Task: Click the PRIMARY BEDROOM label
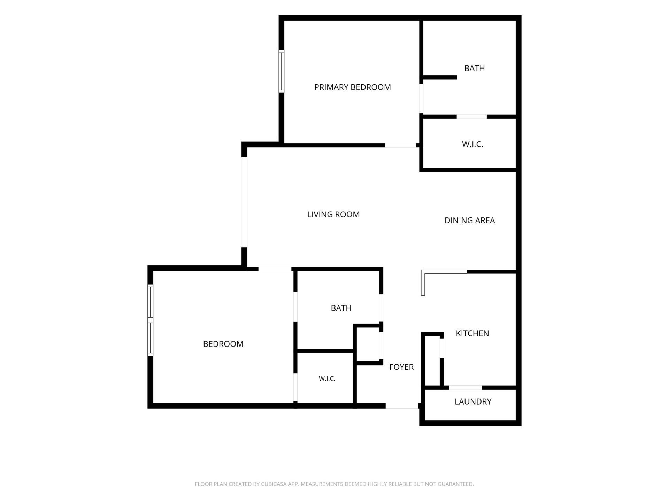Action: pos(352,87)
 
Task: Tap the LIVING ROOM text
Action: pos(333,215)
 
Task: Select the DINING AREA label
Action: pos(470,221)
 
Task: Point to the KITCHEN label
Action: pos(472,333)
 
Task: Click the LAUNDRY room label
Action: pos(473,402)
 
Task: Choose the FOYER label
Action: pos(401,367)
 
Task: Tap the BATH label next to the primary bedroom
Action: pos(475,68)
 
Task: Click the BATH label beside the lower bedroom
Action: pos(341,308)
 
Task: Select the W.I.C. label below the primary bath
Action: pos(472,144)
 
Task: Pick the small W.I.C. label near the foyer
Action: pos(327,379)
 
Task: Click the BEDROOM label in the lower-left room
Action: pos(223,344)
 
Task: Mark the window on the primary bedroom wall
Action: pos(281,71)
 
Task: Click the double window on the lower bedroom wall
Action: pos(151,320)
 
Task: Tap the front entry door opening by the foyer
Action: pos(402,406)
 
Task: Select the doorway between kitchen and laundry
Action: pos(465,388)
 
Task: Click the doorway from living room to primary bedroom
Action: pos(400,145)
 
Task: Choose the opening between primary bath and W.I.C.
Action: pos(471,117)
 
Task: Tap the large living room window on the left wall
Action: pos(245,202)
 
